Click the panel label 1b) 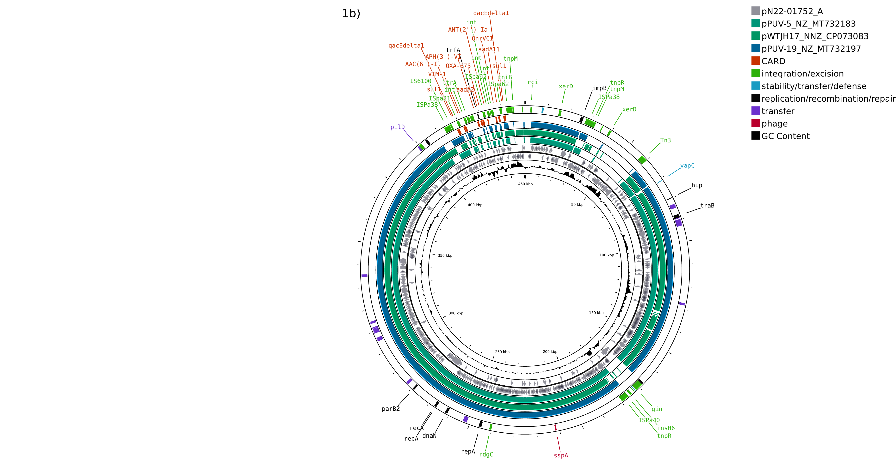tap(351, 14)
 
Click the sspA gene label tap(561, 455)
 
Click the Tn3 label tap(665, 141)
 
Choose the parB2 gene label tap(391, 409)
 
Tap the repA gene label tap(468, 452)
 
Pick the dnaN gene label tap(429, 436)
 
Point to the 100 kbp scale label tap(607, 255)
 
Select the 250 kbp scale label tap(502, 352)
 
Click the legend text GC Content tap(785, 136)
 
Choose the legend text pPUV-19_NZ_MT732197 tap(811, 49)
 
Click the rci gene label tap(533, 82)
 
